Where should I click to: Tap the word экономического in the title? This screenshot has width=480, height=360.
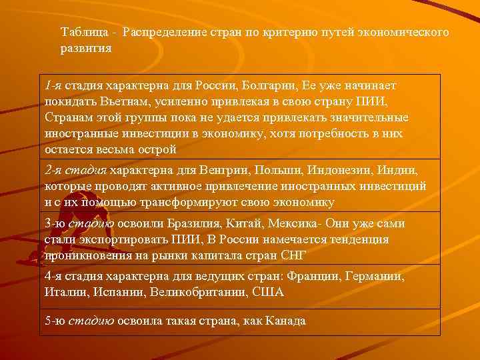tap(404, 33)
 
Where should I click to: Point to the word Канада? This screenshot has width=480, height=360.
tap(285, 321)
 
